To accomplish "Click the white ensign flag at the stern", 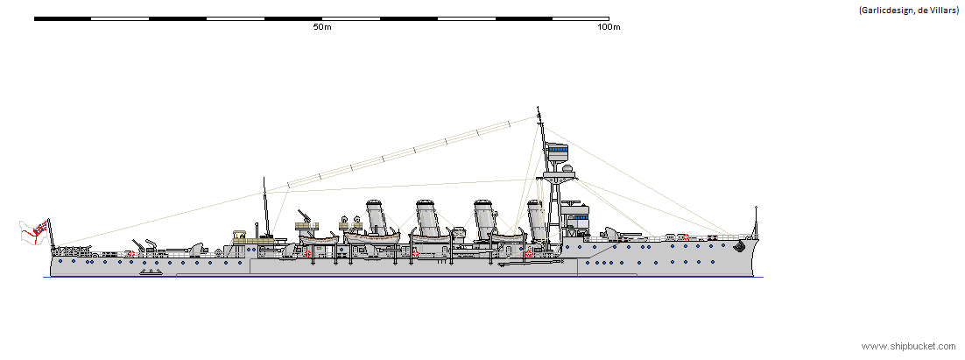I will click(x=33, y=232).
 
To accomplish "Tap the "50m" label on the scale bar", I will click(x=321, y=27).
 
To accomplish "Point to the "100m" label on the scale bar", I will click(x=608, y=27).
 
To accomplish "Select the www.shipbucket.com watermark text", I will click(x=907, y=347).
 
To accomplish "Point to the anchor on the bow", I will click(x=743, y=247).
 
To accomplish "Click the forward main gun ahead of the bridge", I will click(x=621, y=234).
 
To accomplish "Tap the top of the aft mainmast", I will click(x=264, y=180).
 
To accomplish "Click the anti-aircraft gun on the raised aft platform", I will click(x=306, y=218).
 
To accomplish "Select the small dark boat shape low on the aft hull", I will click(x=151, y=272).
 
